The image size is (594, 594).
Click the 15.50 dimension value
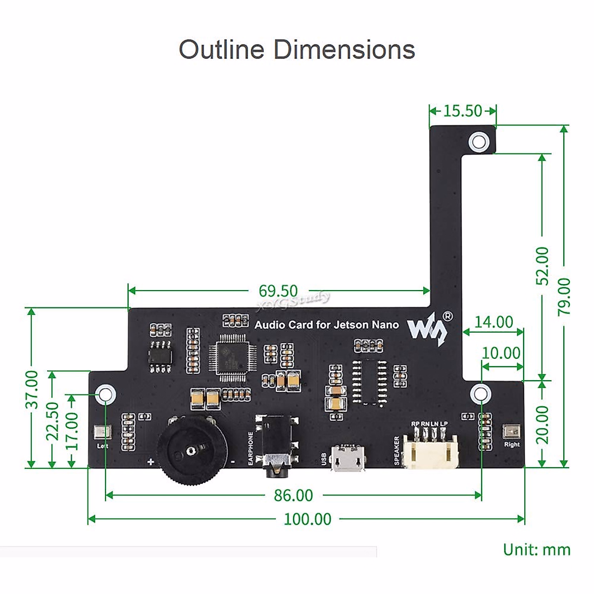pyautogui.click(x=462, y=111)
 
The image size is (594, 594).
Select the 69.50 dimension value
pyautogui.click(x=278, y=291)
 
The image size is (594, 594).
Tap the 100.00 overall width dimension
pyautogui.click(x=307, y=519)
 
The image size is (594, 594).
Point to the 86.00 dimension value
pyautogui.click(x=294, y=495)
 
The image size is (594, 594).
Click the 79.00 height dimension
pyautogui.click(x=564, y=296)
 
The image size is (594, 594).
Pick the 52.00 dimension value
pyautogui.click(x=543, y=266)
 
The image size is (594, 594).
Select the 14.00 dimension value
pyautogui.click(x=494, y=322)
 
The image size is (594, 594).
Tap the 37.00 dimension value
pyautogui.click(x=32, y=389)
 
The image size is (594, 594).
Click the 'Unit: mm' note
pyautogui.click(x=537, y=550)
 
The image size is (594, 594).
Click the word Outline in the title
pyautogui.click(x=221, y=49)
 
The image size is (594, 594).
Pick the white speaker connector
pyautogui.click(x=430, y=449)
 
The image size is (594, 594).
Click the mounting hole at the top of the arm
pyautogui.click(x=479, y=142)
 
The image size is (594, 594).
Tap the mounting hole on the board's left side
pyautogui.click(x=106, y=395)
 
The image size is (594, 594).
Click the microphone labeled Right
pyautogui.click(x=511, y=432)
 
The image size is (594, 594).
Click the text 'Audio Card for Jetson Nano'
pyautogui.click(x=326, y=325)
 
